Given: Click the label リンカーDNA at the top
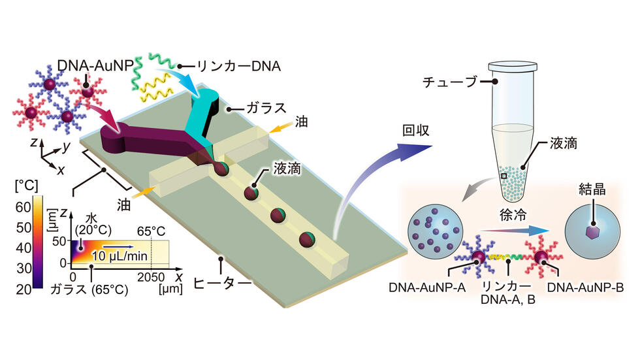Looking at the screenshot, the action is [239, 66].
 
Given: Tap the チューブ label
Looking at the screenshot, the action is [450, 82].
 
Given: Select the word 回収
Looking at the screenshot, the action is [415, 130].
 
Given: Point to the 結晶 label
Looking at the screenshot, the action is [592, 189].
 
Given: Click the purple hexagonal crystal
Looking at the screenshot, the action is [592, 232].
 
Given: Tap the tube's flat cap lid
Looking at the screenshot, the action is [513, 66].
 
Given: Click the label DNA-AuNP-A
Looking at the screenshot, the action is [427, 287].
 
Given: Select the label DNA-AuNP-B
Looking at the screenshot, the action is [585, 287].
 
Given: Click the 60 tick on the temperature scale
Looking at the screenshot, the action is [24, 207].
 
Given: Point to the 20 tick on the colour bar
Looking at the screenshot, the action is [24, 289].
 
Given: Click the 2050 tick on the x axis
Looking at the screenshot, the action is [151, 277].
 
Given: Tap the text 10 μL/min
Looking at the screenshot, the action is [119, 256].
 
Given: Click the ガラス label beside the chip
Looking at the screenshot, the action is [266, 108].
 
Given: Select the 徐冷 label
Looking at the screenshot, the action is [513, 215].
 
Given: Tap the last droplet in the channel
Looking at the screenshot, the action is [308, 239].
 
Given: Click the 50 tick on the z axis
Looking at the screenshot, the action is [59, 241].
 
